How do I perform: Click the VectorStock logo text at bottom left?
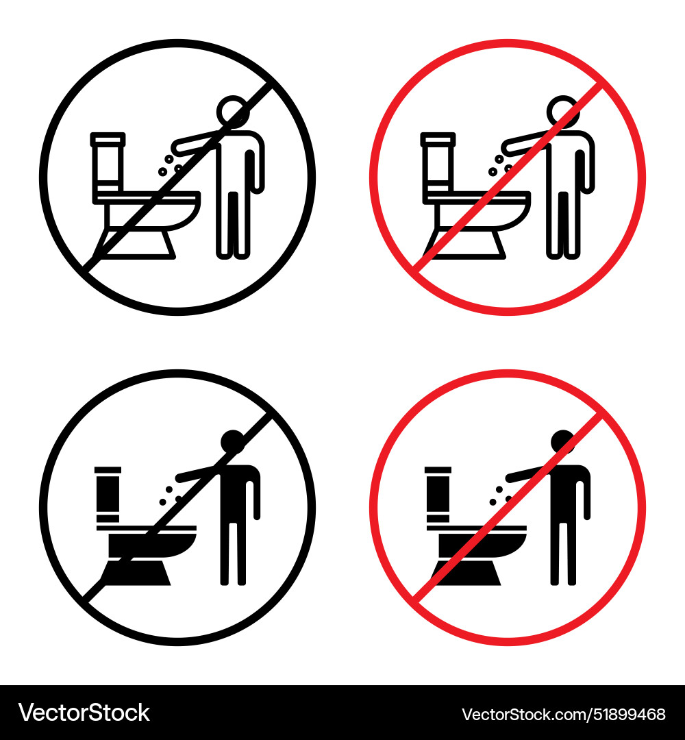[84, 713]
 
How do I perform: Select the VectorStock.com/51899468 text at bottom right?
[564, 714]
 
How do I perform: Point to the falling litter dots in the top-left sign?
[169, 164]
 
